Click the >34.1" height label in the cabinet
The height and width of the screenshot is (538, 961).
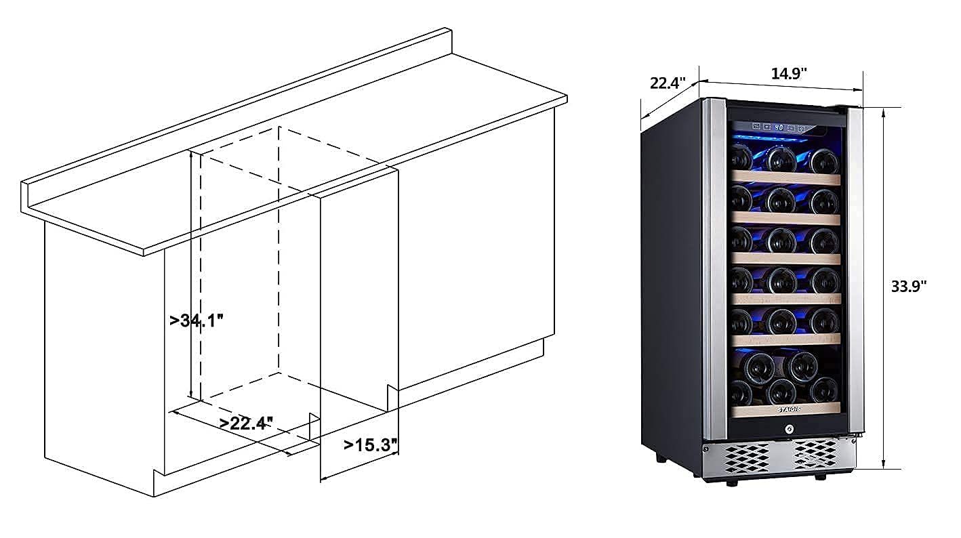[197, 320]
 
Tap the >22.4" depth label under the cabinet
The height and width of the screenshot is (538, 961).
[246, 423]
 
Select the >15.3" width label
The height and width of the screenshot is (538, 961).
[369, 445]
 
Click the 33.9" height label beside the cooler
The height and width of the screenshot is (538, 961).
[908, 286]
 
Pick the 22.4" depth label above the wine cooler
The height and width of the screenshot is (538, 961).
[668, 83]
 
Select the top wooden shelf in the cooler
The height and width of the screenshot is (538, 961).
[786, 178]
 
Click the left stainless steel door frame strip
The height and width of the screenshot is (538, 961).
[715, 271]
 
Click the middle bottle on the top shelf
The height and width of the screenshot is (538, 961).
[781, 159]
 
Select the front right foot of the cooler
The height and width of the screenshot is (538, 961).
[820, 477]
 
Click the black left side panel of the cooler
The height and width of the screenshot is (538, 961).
[671, 285]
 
